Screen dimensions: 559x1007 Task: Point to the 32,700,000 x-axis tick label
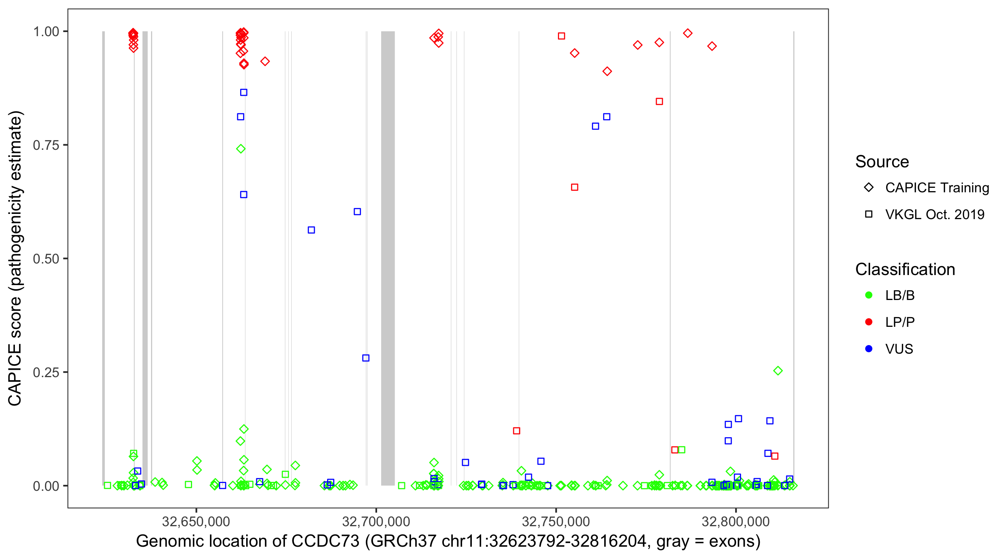click(x=376, y=521)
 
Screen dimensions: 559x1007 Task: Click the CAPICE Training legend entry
click(x=937, y=188)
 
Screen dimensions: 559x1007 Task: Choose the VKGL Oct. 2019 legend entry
click(x=934, y=214)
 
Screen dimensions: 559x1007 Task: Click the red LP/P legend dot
click(x=869, y=322)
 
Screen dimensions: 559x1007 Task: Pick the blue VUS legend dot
click(x=869, y=349)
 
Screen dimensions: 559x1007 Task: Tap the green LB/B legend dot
click(x=869, y=295)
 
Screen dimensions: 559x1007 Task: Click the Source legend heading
click(x=882, y=162)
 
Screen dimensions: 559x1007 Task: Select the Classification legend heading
click(x=905, y=269)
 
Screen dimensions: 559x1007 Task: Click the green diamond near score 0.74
click(x=241, y=149)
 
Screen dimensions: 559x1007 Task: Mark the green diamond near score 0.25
click(x=778, y=371)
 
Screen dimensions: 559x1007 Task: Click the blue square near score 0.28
click(x=366, y=358)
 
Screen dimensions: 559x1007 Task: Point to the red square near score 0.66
click(x=574, y=187)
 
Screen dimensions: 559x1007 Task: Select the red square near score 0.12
click(x=517, y=431)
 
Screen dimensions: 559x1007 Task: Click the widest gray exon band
click(x=388, y=258)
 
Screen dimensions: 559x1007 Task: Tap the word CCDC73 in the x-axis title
click(x=325, y=541)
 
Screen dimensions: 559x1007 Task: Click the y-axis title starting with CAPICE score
click(x=16, y=258)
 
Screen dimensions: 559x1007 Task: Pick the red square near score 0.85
click(x=659, y=102)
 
